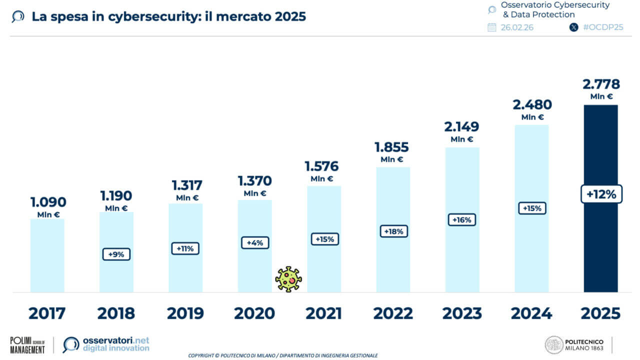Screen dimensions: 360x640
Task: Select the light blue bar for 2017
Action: pos(47,255)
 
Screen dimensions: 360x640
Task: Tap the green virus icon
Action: pos(288,279)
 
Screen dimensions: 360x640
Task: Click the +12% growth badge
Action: pos(601,194)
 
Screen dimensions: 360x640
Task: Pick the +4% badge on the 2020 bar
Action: pos(255,243)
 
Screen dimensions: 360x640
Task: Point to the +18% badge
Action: pos(393,231)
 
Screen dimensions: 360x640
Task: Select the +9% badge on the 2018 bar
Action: pos(116,254)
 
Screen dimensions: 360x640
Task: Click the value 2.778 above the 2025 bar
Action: pos(600,84)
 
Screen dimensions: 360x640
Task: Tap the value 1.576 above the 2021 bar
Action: pos(321,166)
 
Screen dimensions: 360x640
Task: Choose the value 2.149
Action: pos(461,126)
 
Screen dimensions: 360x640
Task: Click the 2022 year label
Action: pos(393,313)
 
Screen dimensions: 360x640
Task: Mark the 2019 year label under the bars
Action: pos(185,313)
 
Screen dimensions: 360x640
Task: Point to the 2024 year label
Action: pos(531,313)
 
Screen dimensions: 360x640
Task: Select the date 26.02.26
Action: pos(517,27)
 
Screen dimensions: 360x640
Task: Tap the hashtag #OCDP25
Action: pos(603,27)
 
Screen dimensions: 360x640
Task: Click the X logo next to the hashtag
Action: pos(574,27)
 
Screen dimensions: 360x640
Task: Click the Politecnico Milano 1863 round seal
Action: pos(553,345)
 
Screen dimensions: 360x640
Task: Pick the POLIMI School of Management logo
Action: pos(27,345)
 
